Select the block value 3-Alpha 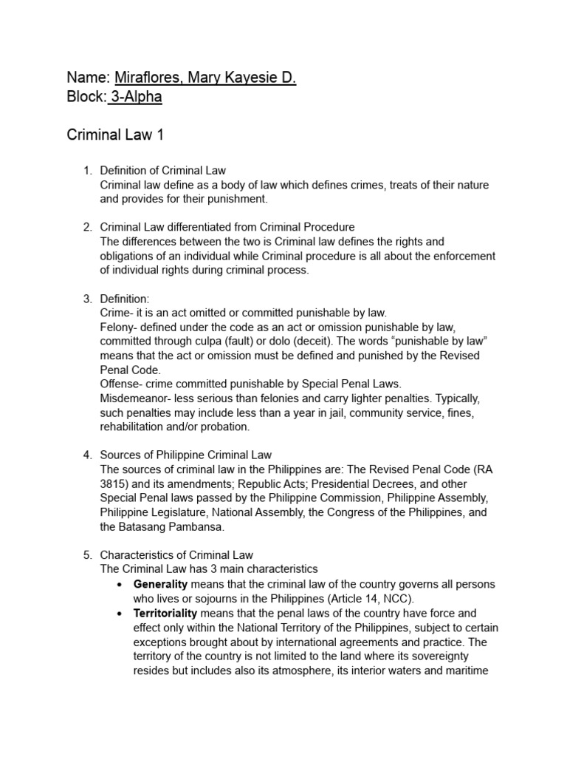tap(136, 97)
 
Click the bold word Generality tap(161, 584)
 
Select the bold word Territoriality tap(165, 613)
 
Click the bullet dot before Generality tap(120, 585)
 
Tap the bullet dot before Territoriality tap(120, 614)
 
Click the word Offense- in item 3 tap(123, 384)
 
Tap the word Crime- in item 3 tap(118, 313)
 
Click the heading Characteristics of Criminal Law tap(176, 554)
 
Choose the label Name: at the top tap(89, 78)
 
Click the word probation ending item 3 tap(224, 427)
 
